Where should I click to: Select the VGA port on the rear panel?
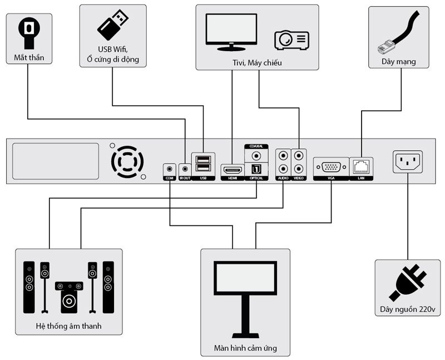coord(331,167)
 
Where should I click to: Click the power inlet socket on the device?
coord(408,162)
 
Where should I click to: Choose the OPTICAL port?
coord(256,169)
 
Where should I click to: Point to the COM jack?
coord(170,168)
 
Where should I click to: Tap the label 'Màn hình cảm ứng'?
coord(245,349)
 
